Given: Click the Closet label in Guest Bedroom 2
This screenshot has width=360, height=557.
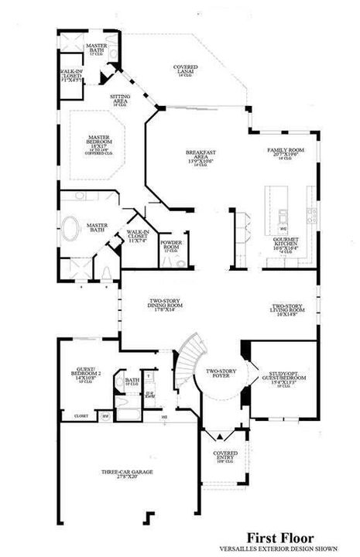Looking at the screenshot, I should (x=81, y=415).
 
